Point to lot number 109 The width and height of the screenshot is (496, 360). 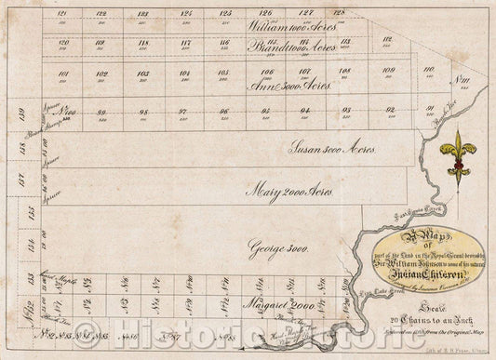point(387,72)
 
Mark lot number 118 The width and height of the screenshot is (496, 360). point(143,44)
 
